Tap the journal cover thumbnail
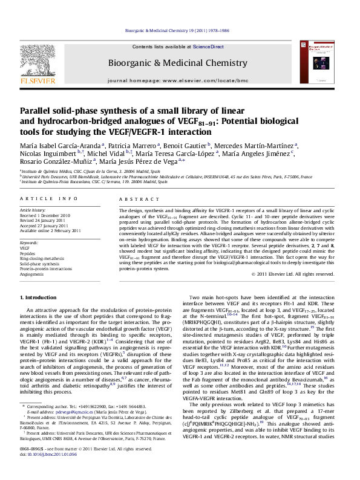(321, 64)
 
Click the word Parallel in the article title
(36, 111)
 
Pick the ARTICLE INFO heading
(44, 198)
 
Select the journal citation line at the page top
(180, 29)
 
